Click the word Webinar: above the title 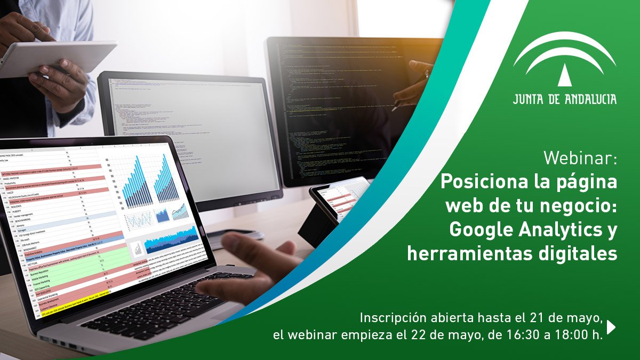(580, 158)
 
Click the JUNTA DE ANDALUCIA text (565, 99)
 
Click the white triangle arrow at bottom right (611, 327)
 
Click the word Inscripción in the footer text (388, 318)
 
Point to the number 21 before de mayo (539, 318)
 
